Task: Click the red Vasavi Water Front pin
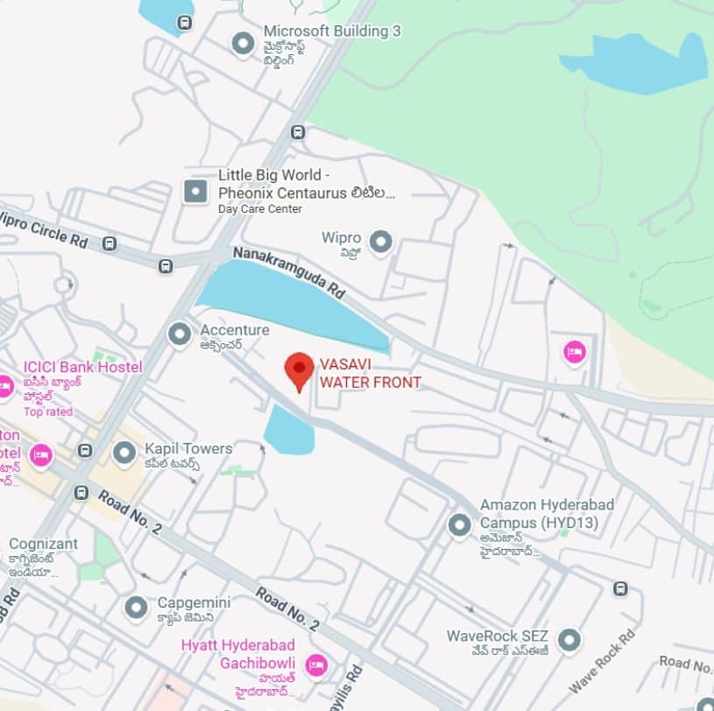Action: click(300, 370)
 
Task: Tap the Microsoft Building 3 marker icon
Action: click(243, 43)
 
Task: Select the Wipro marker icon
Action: click(380, 241)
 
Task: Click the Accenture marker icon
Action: click(180, 334)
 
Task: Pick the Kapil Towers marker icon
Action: click(124, 453)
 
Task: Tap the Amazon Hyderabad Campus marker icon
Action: click(459, 525)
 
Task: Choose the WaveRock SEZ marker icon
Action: click(569, 640)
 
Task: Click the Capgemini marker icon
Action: click(136, 607)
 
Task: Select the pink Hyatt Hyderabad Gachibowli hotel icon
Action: click(316, 665)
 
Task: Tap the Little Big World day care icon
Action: click(194, 190)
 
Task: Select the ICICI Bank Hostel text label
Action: click(82, 367)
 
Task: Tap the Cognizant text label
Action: click(43, 544)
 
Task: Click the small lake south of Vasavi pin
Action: click(289, 431)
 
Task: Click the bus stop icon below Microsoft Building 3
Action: click(298, 132)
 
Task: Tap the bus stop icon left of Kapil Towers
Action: click(85, 451)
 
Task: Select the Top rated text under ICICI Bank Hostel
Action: click(48, 412)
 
